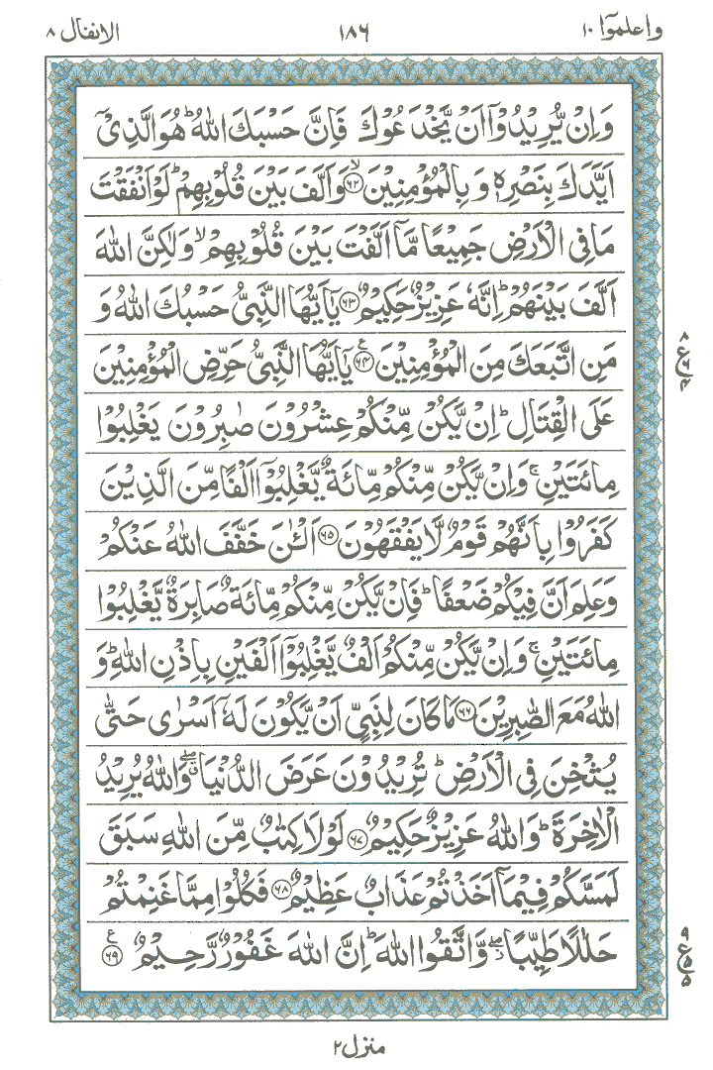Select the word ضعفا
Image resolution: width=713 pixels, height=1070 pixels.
pos(480,601)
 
